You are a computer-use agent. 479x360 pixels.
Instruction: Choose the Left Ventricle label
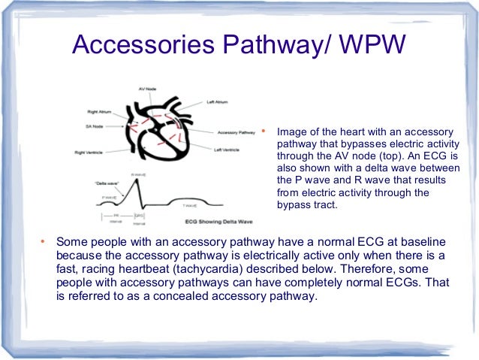[227, 149]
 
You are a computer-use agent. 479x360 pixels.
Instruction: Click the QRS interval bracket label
[140, 216]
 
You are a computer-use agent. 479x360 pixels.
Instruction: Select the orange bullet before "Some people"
[42, 242]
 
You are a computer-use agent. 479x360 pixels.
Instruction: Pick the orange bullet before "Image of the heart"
[264, 128]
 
